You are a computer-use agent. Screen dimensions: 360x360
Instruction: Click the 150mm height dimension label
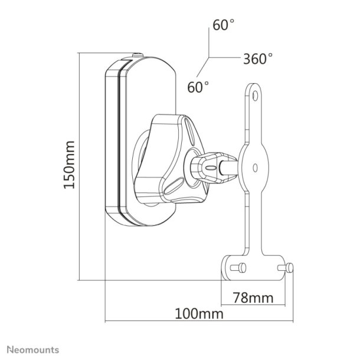point(70,165)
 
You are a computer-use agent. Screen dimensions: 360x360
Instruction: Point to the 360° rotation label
point(258,58)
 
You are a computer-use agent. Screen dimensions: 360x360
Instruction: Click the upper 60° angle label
point(224,25)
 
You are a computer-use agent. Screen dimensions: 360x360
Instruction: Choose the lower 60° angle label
point(198,87)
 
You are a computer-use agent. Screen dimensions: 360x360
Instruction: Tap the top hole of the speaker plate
point(254,95)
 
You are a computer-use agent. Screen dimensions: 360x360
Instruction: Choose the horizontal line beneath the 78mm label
point(257,305)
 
